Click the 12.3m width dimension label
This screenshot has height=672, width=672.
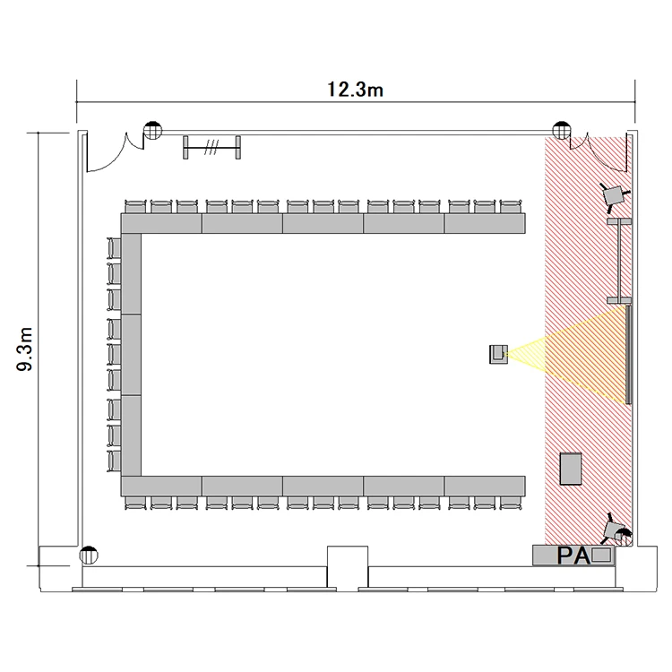(355, 90)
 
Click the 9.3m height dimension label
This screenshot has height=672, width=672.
(24, 349)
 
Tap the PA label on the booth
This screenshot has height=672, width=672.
(573, 556)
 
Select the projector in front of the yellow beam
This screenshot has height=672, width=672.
(498, 355)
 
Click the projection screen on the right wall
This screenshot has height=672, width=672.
(628, 355)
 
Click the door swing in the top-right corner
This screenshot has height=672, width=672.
(600, 157)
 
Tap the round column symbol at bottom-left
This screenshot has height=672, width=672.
(89, 556)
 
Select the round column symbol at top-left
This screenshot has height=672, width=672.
(152, 130)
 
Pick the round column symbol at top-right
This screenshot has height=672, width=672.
(562, 130)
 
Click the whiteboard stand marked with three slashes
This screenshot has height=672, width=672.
(211, 148)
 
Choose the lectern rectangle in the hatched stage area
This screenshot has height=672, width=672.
(571, 469)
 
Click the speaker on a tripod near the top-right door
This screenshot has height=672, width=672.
(615, 195)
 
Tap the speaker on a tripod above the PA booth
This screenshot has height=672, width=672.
(616, 530)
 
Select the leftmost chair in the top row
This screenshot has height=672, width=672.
(136, 206)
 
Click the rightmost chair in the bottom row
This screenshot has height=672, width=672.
(511, 503)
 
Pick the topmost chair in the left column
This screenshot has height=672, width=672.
(114, 248)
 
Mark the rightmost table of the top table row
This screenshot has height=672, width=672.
(485, 223)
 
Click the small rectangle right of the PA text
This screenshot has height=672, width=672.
(601, 555)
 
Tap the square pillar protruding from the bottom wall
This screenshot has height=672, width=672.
(348, 566)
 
